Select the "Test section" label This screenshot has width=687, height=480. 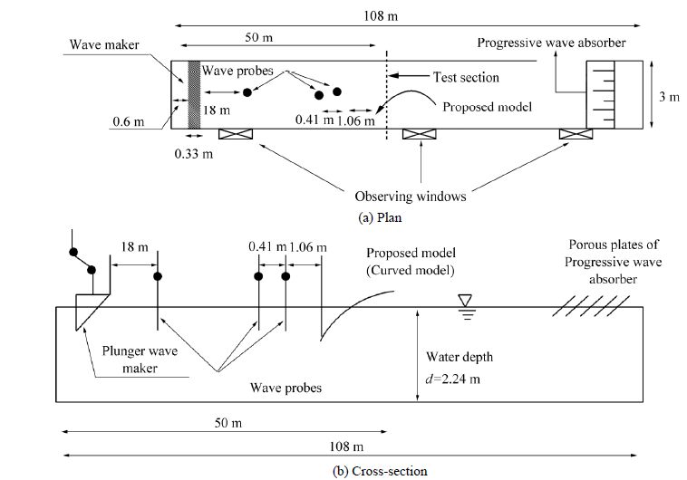coord(466,78)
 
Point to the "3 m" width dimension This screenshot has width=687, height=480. coord(668,97)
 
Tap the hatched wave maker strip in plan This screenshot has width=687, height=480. coord(192,94)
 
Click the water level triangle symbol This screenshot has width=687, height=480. coord(466,300)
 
